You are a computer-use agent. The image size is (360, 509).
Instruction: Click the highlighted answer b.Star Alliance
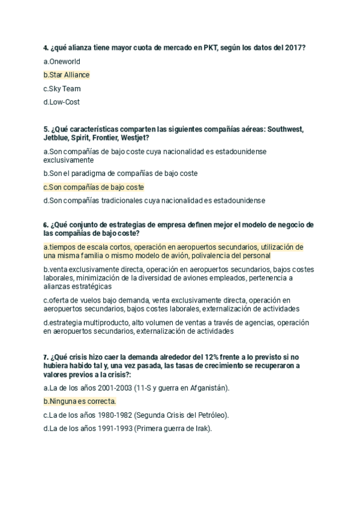click(x=67, y=75)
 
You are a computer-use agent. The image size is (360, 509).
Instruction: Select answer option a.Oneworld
click(x=62, y=61)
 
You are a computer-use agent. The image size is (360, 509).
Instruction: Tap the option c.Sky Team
click(x=62, y=89)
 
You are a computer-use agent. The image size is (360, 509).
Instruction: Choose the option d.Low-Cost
click(x=62, y=102)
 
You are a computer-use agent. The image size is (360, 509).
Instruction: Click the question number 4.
click(x=46, y=48)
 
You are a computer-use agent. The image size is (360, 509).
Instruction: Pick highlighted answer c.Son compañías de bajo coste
click(x=94, y=187)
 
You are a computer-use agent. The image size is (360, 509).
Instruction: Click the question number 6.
click(x=46, y=225)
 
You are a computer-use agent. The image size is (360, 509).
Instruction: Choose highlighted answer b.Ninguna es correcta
click(x=80, y=402)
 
